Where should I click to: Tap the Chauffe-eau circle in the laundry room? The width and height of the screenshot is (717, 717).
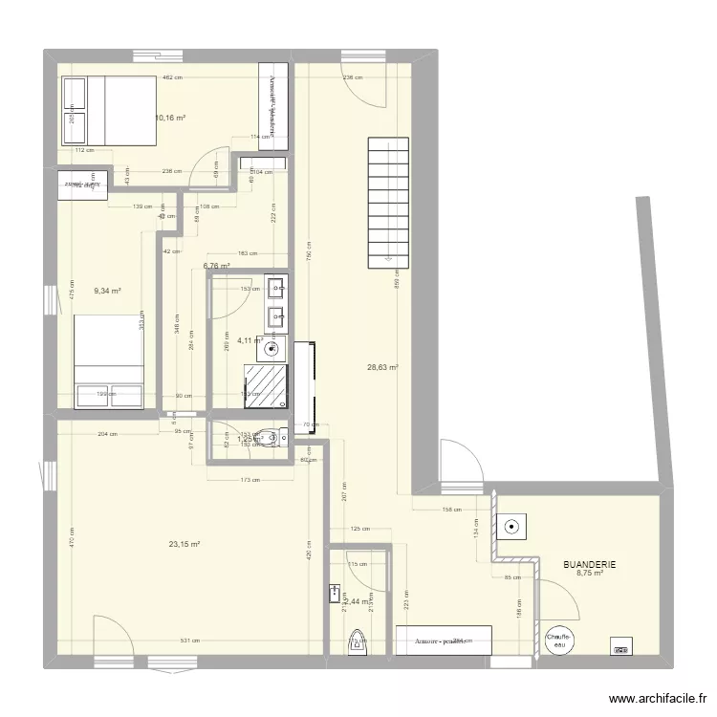pos(558,643)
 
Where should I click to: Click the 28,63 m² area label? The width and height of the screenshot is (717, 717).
pos(382,366)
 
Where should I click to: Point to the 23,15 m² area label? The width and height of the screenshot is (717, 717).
pos(184,544)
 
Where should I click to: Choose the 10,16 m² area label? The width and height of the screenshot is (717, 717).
pos(169,119)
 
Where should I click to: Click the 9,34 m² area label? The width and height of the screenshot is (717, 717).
pos(107,291)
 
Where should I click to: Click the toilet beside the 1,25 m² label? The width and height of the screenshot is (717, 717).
pos(277,439)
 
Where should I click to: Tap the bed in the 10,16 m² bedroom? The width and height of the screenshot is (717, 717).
pos(108,110)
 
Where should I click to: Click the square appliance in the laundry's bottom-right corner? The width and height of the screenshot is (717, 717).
pos(621,647)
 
